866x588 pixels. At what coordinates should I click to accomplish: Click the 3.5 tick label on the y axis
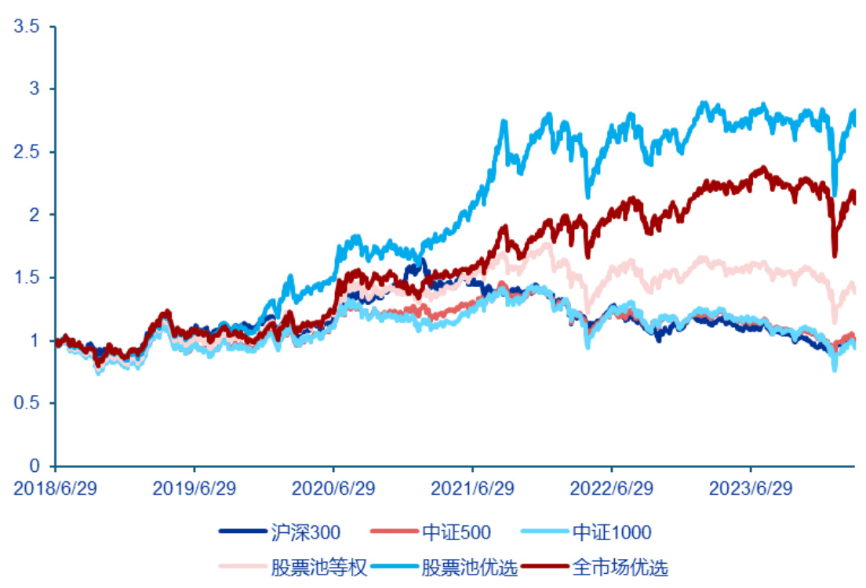(26, 27)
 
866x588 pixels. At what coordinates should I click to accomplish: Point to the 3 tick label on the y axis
(32, 89)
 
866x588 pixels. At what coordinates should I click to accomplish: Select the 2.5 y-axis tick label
(26, 152)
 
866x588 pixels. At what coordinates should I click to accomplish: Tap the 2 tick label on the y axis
(32, 215)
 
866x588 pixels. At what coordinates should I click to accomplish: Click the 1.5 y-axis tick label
(26, 278)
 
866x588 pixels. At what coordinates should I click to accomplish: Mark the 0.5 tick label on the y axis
(26, 403)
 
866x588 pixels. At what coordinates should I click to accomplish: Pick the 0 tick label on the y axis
(32, 466)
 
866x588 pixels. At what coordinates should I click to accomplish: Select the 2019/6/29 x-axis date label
(194, 488)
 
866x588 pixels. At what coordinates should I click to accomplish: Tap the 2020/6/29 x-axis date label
(333, 488)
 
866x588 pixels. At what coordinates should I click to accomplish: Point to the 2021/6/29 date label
(473, 488)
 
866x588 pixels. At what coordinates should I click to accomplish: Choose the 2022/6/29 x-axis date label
(612, 488)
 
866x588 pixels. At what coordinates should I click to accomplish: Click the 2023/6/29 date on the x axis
(751, 488)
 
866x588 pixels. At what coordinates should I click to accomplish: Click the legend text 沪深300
(304, 533)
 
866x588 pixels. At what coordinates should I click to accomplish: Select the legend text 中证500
(457, 533)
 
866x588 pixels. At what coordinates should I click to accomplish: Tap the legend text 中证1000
(612, 533)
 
